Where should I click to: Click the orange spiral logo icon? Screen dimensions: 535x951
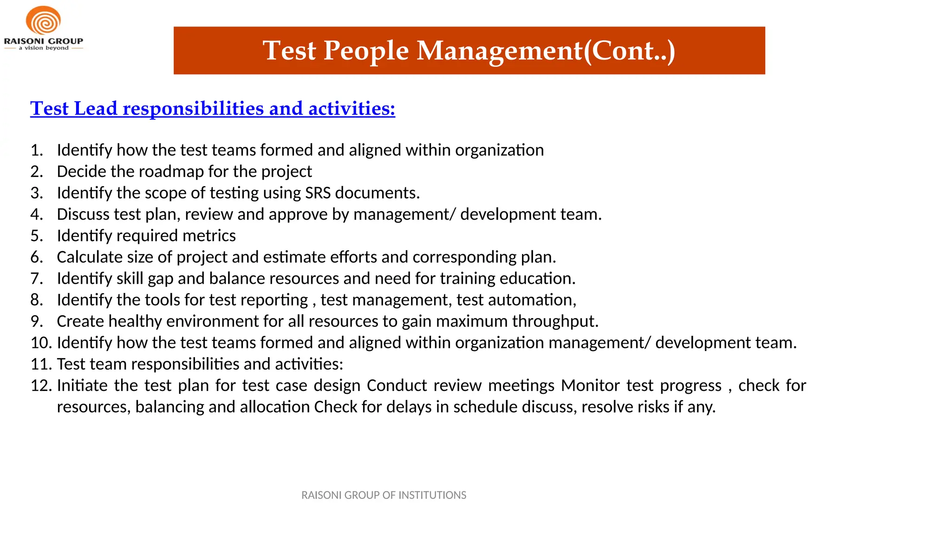point(43,20)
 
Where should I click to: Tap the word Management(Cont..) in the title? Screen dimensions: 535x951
point(546,51)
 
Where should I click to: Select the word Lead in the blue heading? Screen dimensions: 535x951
point(96,109)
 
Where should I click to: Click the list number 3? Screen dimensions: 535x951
point(36,193)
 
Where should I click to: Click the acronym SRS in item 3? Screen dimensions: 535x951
point(318,193)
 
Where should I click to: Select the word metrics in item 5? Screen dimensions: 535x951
point(209,235)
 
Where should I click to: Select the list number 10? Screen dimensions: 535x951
point(41,342)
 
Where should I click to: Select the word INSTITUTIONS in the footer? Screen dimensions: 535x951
point(432,495)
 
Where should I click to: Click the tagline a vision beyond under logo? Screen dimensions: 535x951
point(44,48)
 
